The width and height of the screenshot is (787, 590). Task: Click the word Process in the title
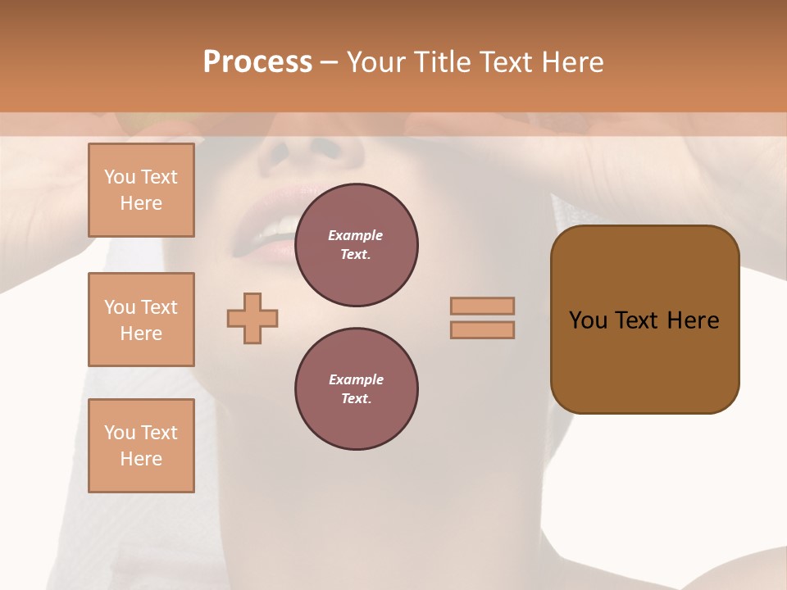pyautogui.click(x=257, y=62)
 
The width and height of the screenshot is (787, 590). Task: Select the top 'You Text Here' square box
pyautogui.click(x=141, y=190)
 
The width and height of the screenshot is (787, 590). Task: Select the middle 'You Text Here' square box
pyautogui.click(x=141, y=320)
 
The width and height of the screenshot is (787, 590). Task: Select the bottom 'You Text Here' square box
pyautogui.click(x=141, y=446)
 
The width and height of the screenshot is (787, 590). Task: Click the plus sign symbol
pyautogui.click(x=252, y=318)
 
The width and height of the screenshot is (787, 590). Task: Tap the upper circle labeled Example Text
pyautogui.click(x=357, y=245)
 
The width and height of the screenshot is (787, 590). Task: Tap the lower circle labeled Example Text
pyautogui.click(x=357, y=389)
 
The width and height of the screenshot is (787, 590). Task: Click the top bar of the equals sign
pyautogui.click(x=482, y=306)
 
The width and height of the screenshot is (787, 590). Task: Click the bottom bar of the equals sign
pyautogui.click(x=482, y=329)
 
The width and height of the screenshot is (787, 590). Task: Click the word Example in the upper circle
pyautogui.click(x=356, y=235)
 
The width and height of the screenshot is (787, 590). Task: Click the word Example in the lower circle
pyautogui.click(x=356, y=379)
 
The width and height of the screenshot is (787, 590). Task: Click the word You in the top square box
pyautogui.click(x=119, y=177)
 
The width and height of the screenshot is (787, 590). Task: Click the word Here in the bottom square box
pyautogui.click(x=141, y=459)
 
